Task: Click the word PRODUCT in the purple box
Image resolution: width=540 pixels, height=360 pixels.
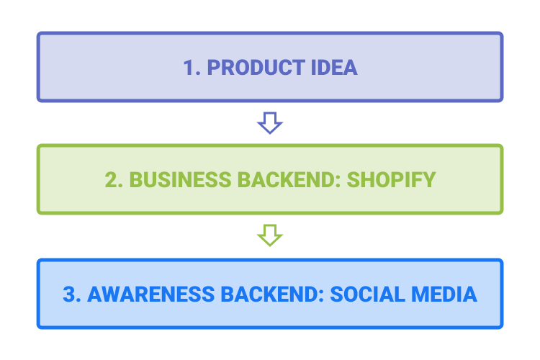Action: (256, 67)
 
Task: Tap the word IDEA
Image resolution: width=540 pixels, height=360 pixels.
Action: (334, 67)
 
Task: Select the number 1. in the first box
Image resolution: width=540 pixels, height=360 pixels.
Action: (192, 67)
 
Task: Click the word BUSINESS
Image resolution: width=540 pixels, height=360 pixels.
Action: (180, 179)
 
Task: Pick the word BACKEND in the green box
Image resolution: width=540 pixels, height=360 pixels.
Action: (287, 179)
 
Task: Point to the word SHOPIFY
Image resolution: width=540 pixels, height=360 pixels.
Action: (391, 179)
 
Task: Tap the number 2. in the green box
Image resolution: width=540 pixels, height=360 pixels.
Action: (114, 179)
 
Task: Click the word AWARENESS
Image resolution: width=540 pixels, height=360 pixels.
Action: (151, 294)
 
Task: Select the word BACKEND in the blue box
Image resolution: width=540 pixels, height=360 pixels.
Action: (270, 294)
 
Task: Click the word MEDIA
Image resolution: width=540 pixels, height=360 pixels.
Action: (444, 294)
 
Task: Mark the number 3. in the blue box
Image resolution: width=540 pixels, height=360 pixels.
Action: (72, 294)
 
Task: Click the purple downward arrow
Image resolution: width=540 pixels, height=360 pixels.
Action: (270, 123)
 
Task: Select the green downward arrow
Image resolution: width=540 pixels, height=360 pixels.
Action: (270, 235)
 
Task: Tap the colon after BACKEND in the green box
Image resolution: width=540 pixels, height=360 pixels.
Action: (338, 181)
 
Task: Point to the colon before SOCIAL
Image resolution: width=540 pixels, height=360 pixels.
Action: (321, 296)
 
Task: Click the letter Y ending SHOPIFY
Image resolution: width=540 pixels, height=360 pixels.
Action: (429, 179)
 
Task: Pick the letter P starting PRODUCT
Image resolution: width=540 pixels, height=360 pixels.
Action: (214, 67)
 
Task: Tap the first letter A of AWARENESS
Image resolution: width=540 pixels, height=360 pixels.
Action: (95, 294)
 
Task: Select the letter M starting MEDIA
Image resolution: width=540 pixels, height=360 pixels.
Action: (420, 294)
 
